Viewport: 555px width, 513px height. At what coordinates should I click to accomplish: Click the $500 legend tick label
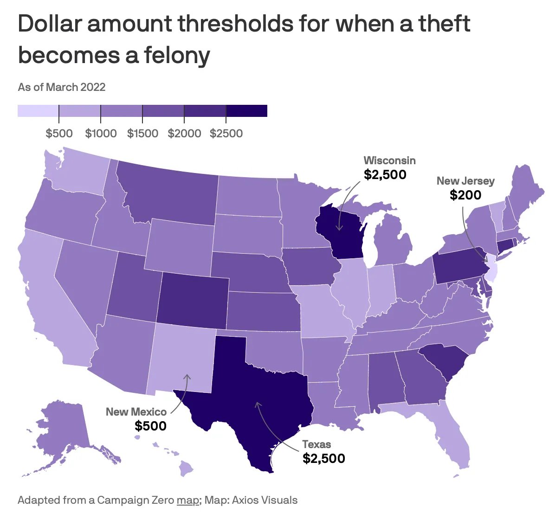point(59,134)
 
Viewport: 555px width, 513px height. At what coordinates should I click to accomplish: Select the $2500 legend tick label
point(226,134)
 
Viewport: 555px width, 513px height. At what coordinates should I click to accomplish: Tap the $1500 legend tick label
point(142,134)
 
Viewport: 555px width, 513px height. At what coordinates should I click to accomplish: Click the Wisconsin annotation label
point(389,160)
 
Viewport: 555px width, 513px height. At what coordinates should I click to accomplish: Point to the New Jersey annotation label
point(465,181)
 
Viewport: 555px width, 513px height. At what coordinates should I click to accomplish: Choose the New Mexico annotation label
point(136,412)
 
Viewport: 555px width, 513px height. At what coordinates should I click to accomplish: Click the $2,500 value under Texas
point(324,459)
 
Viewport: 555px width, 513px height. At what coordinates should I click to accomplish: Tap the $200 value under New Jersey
point(465,195)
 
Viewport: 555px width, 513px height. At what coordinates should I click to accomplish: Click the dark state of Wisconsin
point(341,232)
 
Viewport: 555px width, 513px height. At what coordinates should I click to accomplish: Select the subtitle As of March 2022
point(62,87)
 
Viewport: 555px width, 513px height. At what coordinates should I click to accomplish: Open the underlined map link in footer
point(187,500)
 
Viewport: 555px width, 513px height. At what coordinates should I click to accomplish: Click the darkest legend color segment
point(246,110)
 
